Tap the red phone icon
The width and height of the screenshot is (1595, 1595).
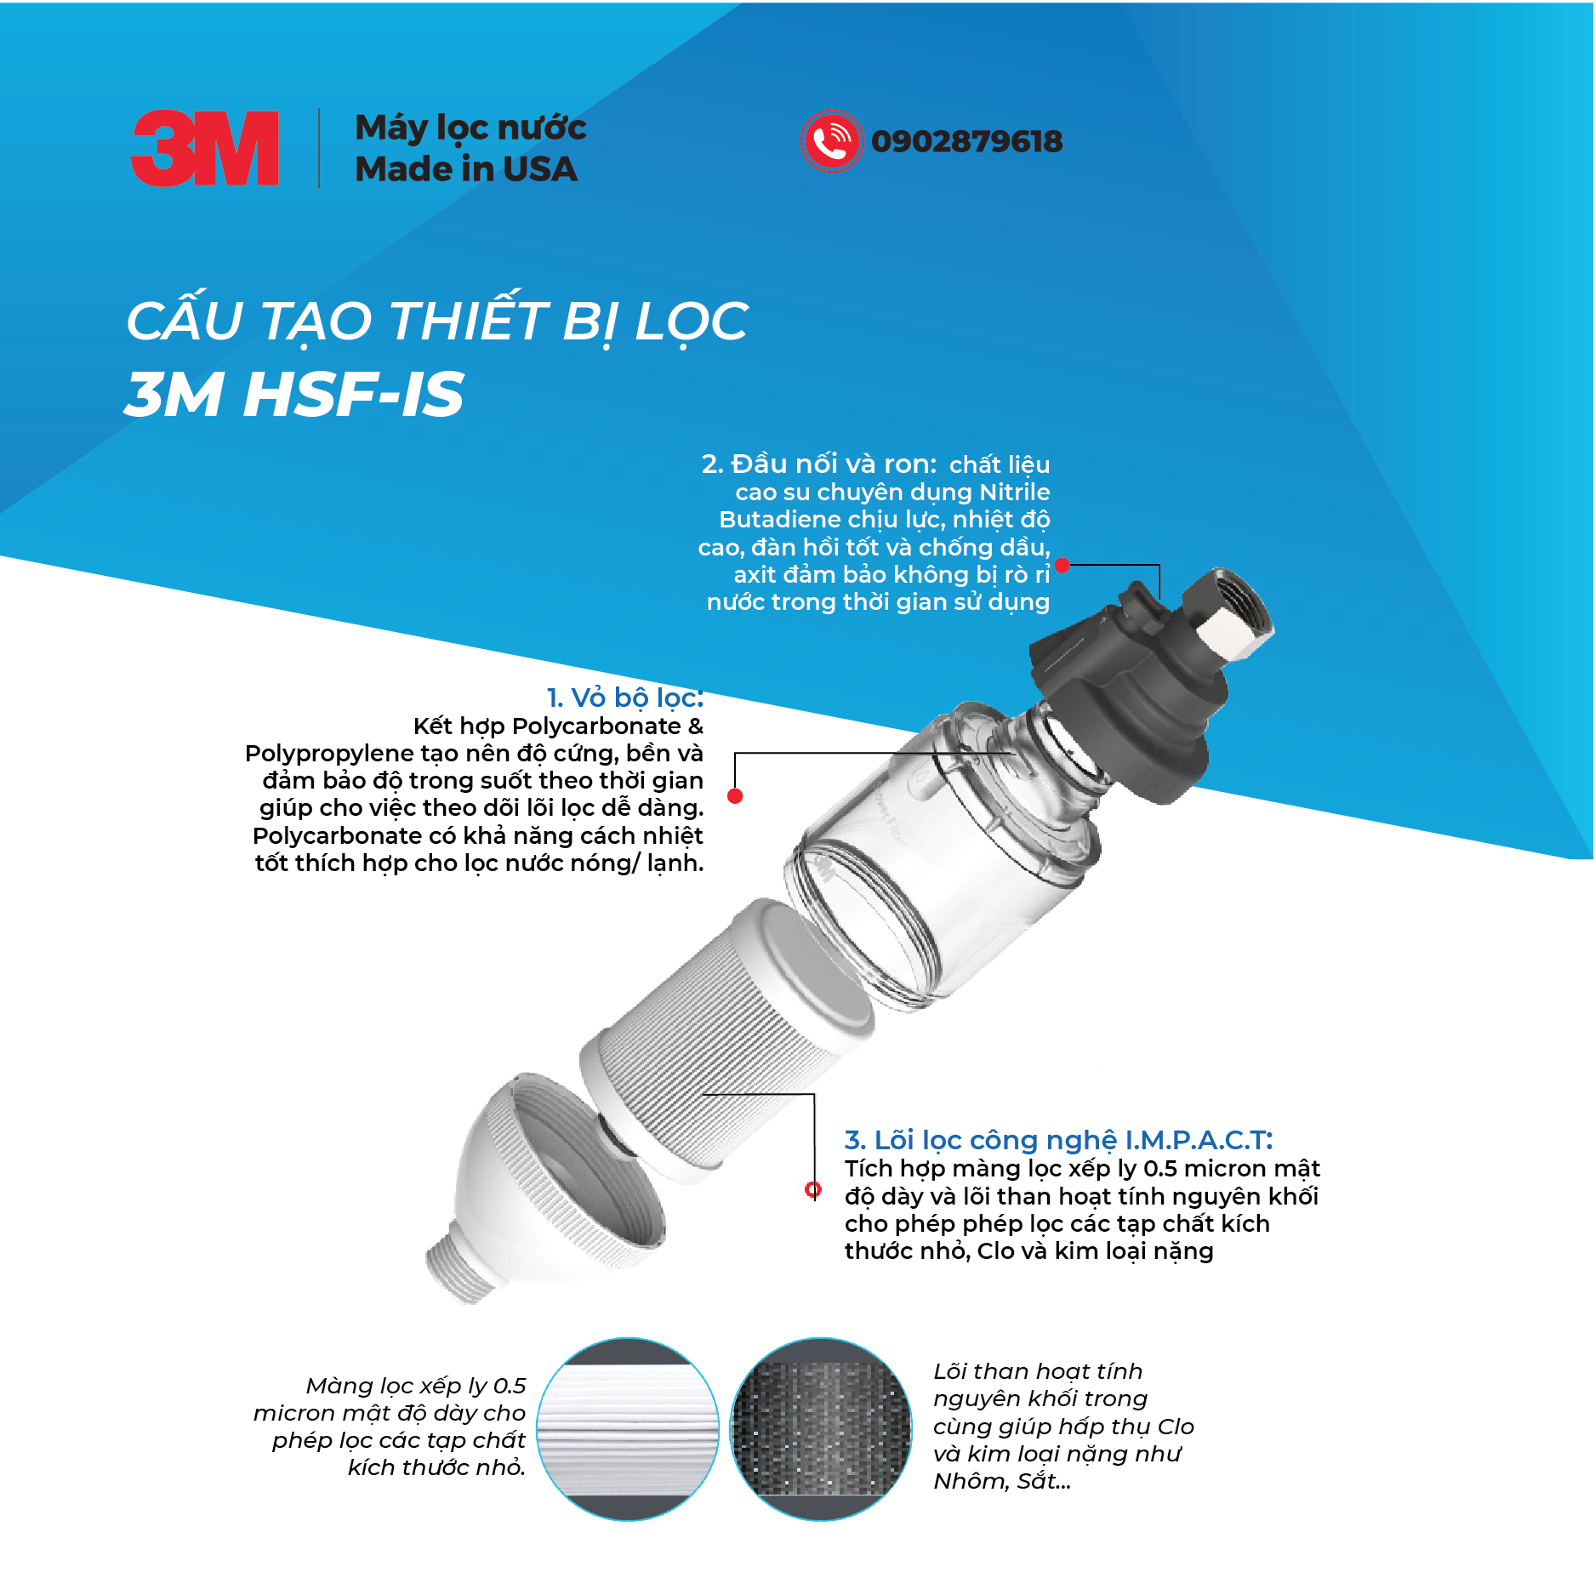(x=831, y=141)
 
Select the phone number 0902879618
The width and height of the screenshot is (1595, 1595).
(x=966, y=141)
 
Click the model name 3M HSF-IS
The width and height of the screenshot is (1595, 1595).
(x=294, y=395)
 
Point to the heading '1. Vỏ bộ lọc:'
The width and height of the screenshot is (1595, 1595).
(x=625, y=698)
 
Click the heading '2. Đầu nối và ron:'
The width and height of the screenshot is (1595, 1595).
(x=818, y=464)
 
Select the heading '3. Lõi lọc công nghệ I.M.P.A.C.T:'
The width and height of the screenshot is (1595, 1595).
(x=1057, y=1140)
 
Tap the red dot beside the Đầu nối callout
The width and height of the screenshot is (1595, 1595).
(x=1062, y=565)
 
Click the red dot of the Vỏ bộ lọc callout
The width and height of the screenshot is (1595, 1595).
(x=736, y=796)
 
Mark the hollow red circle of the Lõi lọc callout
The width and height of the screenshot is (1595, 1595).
(x=813, y=1189)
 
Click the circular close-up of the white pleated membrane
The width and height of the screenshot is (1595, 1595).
(x=628, y=1429)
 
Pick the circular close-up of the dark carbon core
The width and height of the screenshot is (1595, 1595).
(x=821, y=1429)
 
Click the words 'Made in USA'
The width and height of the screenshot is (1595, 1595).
(x=466, y=169)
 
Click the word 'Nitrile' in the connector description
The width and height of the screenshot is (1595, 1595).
(x=1014, y=492)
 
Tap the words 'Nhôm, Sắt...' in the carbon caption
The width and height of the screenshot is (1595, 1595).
(x=1001, y=1481)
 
